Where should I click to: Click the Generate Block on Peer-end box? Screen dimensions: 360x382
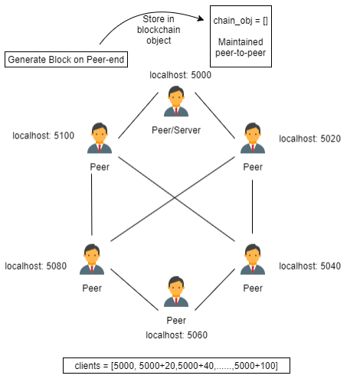[66, 60]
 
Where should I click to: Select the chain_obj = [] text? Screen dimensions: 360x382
[241, 21]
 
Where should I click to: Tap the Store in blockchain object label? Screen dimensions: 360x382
[159, 30]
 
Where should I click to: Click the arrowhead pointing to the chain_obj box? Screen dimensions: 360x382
[201, 18]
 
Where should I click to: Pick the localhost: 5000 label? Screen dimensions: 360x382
[180, 75]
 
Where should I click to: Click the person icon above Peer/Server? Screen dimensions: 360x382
[176, 101]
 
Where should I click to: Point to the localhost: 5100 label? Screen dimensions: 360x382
[44, 135]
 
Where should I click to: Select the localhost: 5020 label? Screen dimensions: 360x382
[309, 139]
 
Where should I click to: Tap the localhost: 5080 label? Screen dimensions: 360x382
[36, 266]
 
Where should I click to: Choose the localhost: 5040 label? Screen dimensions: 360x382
[309, 266]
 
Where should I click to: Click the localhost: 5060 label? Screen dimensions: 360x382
[176, 335]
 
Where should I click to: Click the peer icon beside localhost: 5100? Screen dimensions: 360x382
[100, 138]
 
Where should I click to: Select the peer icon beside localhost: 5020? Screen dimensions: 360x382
[253, 138]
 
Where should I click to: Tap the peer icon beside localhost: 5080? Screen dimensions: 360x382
[92, 260]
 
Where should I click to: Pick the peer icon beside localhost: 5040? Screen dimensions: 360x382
[253, 260]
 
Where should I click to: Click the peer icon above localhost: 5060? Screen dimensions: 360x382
[176, 292]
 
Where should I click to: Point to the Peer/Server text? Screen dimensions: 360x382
[176, 130]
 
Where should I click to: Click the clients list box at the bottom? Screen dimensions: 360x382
[176, 366]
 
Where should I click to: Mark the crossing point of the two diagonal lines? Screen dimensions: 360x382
[175, 198]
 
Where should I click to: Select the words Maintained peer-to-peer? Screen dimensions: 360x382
[241, 47]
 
